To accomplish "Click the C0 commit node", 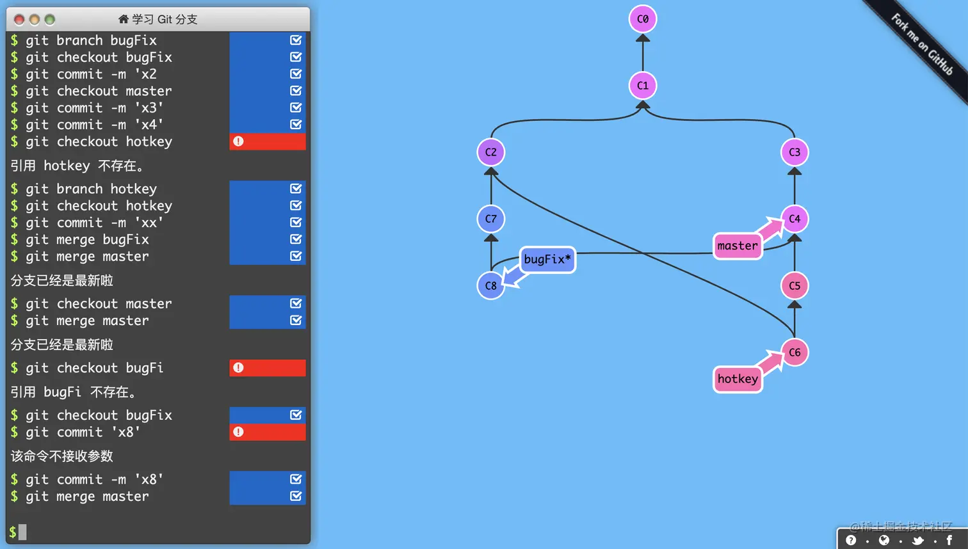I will [643, 19].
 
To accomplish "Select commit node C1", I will [643, 86].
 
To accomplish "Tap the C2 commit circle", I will [491, 152].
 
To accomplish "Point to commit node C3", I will [795, 152].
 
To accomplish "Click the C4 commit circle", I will [795, 219].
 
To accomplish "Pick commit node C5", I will [795, 286].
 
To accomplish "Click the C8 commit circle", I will [491, 286].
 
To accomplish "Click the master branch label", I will [738, 246].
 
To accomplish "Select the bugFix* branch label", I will [547, 259].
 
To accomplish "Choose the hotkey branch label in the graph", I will [738, 379].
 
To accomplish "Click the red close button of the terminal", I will [19, 20].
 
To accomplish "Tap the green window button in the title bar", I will [50, 20].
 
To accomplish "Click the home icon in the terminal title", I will [124, 19].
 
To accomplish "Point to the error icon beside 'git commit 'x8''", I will [238, 432].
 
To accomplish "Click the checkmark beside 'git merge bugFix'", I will [296, 239].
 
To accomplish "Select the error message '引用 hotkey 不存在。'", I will [77, 166].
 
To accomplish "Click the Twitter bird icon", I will [917, 541].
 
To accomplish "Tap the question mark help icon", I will [851, 541].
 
